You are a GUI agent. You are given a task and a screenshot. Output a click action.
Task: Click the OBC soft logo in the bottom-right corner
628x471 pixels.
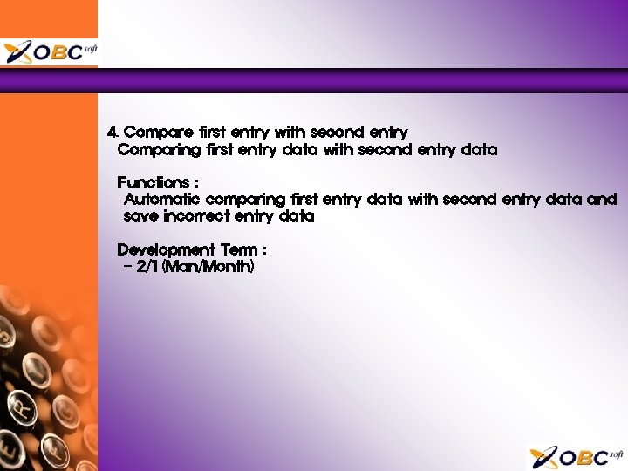click(577, 456)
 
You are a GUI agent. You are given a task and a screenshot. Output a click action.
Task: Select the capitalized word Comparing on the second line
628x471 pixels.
click(159, 150)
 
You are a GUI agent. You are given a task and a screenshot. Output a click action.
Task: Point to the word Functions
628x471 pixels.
click(153, 183)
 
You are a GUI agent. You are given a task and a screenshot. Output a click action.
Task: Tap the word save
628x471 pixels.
click(140, 216)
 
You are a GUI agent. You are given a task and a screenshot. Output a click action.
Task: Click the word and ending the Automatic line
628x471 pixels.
click(602, 200)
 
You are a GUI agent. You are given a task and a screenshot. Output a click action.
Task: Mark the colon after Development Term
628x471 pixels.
click(263, 251)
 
